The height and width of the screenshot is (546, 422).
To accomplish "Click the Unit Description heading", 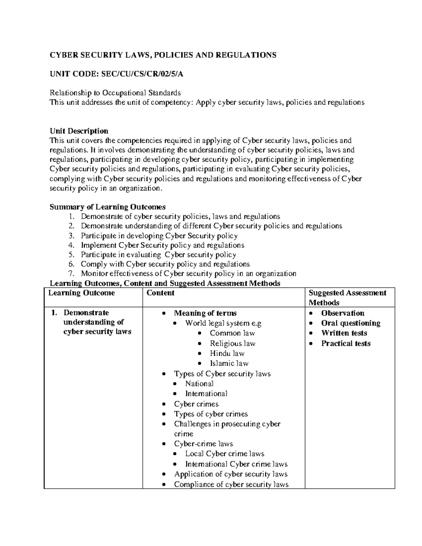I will pos(79,131).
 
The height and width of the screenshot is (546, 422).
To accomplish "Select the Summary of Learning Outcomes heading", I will pos(108,207).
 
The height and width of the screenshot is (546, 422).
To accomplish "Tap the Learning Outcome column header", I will pos(82,293).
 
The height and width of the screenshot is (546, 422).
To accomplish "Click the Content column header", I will pos(160,293).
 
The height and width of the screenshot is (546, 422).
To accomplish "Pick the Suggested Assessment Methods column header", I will pos(347,297).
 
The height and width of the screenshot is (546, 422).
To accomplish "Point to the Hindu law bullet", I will pos(227,353).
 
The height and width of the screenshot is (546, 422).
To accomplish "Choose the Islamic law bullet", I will pos(229,363).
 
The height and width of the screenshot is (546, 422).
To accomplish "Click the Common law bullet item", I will pos(232,333).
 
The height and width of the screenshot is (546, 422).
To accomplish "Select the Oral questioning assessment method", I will pos(351,323).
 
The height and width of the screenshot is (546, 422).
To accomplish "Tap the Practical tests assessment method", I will pos(346,343).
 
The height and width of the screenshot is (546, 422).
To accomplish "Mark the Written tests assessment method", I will pos(344,333).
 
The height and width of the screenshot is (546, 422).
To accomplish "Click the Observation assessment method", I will pos(343,313).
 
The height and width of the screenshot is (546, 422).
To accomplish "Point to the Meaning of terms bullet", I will pos(205,313).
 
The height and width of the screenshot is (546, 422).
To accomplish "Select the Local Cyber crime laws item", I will pos(224,454).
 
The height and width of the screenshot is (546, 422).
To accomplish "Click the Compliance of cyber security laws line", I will pos(231,484).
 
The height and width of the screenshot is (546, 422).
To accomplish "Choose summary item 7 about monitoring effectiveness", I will pos(188,274).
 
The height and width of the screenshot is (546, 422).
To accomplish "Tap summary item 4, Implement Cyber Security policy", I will pos(162,245).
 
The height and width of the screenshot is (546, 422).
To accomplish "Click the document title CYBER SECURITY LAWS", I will pos(163,55).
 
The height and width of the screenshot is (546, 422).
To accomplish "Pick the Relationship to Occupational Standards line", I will pos(115,93).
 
